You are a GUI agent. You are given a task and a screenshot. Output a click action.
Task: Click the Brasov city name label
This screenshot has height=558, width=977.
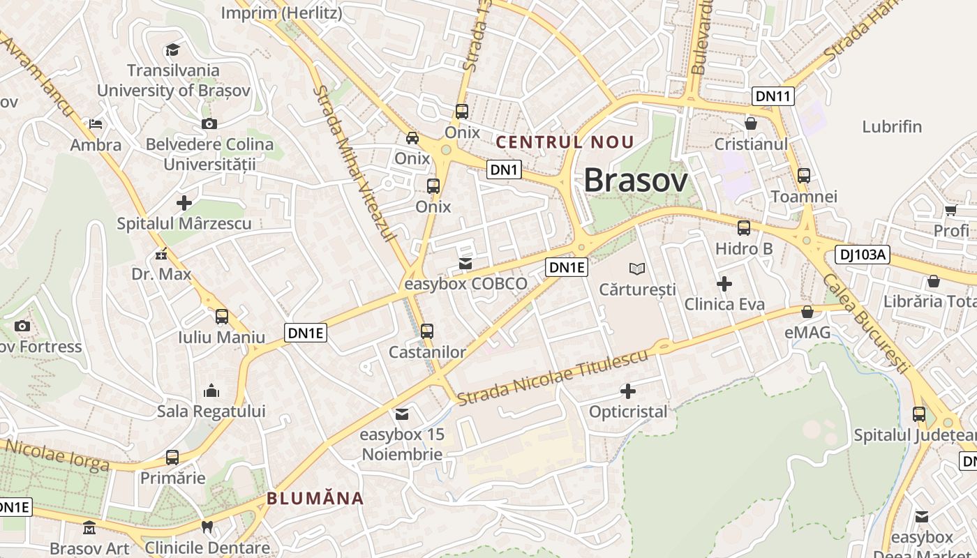point(636,180)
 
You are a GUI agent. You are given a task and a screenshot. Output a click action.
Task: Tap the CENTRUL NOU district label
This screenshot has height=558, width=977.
point(565,142)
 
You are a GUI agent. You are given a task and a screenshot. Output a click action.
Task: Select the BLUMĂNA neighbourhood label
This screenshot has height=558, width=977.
point(315,498)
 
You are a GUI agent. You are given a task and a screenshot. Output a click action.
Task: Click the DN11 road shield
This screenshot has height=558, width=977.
point(773,96)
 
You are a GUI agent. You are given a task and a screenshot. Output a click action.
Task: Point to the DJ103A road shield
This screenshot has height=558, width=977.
point(862,255)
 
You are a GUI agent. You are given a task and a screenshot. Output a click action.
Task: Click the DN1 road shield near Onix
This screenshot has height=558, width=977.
point(504,169)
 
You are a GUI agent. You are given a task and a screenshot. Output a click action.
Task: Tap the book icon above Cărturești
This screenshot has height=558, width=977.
point(637,268)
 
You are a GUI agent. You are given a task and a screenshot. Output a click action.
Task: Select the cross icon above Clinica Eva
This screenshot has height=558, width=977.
point(724,284)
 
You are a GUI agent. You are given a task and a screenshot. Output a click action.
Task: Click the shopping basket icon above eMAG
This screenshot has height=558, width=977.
point(807,312)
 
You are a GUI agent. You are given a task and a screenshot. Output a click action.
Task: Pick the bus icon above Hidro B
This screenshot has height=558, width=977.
point(744,228)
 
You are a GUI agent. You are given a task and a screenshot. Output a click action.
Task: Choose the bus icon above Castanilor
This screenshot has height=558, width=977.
point(427,331)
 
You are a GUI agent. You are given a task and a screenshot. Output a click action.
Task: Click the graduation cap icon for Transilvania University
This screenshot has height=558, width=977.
point(172,50)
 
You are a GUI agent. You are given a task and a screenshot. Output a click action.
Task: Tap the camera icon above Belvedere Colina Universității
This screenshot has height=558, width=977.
point(209,124)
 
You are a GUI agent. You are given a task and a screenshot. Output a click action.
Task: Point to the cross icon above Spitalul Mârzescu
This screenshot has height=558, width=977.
point(184,203)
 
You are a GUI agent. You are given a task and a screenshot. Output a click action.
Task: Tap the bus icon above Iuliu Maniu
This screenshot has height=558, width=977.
point(222,317)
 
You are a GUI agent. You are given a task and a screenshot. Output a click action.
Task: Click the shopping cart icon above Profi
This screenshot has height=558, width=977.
point(950,210)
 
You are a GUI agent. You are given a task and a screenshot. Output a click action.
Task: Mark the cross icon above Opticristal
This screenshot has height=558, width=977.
point(628,391)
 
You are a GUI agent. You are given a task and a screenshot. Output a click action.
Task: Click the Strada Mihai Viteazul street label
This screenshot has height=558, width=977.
point(353,164)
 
